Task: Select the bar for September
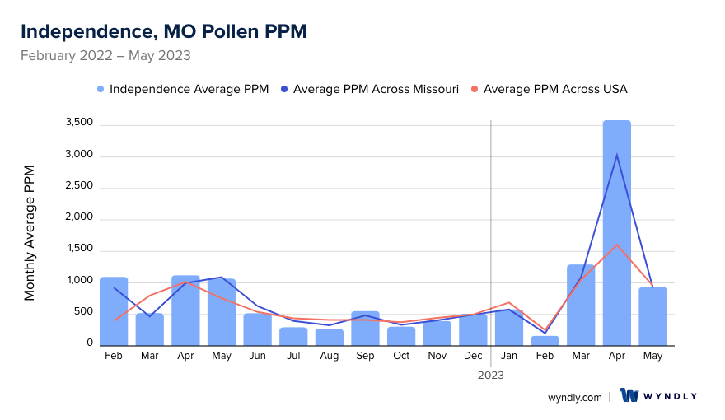[x=365, y=329]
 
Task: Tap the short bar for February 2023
[x=545, y=340]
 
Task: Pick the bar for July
[x=293, y=336]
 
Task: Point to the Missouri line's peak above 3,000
[x=616, y=155]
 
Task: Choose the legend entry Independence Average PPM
[x=182, y=89]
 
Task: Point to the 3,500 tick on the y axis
[x=79, y=124]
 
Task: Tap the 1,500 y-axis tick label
[x=79, y=250]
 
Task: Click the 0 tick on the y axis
[x=89, y=343]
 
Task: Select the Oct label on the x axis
[x=401, y=356]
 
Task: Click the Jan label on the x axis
[x=508, y=356]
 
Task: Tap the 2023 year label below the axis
[x=491, y=375]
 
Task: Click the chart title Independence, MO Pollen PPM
[x=163, y=31]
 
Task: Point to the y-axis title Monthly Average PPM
[x=30, y=232]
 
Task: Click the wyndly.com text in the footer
[x=574, y=397]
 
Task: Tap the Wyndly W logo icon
[x=629, y=396]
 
